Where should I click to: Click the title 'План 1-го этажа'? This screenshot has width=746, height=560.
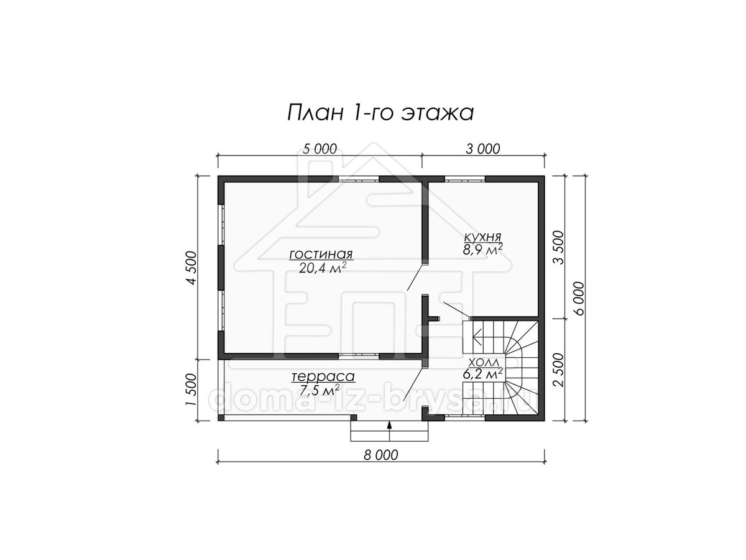coord(380,113)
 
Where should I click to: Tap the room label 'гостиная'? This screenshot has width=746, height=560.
coord(321,254)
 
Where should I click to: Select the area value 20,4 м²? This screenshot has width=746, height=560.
coord(323,268)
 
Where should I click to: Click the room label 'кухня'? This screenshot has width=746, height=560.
coord(482,236)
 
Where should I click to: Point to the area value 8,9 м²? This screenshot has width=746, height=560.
coord(482,250)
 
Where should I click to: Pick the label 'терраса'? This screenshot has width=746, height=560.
coord(323,376)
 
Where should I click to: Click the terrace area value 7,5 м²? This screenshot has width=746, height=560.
coord(320,390)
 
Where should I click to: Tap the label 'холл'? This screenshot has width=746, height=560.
coord(482,362)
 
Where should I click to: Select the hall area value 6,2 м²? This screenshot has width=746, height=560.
coord(482,374)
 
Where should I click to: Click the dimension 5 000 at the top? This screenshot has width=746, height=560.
coord(320,149)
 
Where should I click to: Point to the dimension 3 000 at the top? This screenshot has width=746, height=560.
coord(482,149)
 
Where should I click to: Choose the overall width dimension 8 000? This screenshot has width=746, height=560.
coord(380,455)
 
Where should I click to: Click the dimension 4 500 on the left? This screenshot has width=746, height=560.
coord(191,268)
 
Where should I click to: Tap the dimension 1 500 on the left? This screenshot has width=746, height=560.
coord(191,390)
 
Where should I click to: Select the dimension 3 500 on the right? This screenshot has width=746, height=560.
coord(558,247)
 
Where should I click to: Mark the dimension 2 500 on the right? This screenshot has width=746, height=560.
coord(558,370)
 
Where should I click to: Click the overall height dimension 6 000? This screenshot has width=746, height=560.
coord(579,298)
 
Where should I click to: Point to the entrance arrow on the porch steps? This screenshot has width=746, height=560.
coord(390,431)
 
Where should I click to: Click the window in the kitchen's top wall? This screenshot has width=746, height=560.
coord(464,179)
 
